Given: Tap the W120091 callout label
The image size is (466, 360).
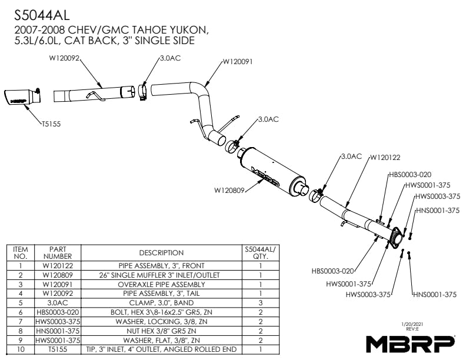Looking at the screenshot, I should pyautogui.click(x=238, y=61).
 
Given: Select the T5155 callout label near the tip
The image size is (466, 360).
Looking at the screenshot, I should pyautogui.click(x=52, y=124).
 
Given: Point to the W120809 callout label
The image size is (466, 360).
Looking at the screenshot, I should pyautogui.click(x=229, y=191).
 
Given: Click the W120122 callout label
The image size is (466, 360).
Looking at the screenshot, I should pyautogui.click(x=384, y=157).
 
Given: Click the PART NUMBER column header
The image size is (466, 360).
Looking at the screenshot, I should pyautogui.click(x=57, y=253).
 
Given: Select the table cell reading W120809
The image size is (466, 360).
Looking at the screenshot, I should pyautogui.click(x=57, y=274).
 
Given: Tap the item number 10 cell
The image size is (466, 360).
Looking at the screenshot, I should pyautogui.click(x=20, y=350).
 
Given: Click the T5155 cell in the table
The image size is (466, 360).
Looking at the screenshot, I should pyautogui.click(x=57, y=350).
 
